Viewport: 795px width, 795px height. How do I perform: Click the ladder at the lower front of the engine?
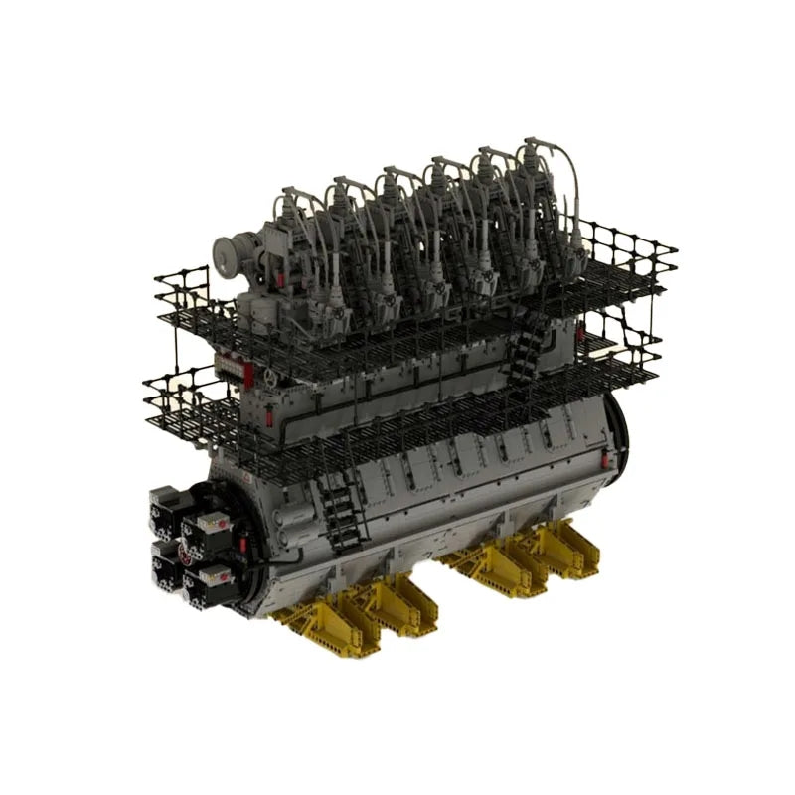(341, 507)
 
